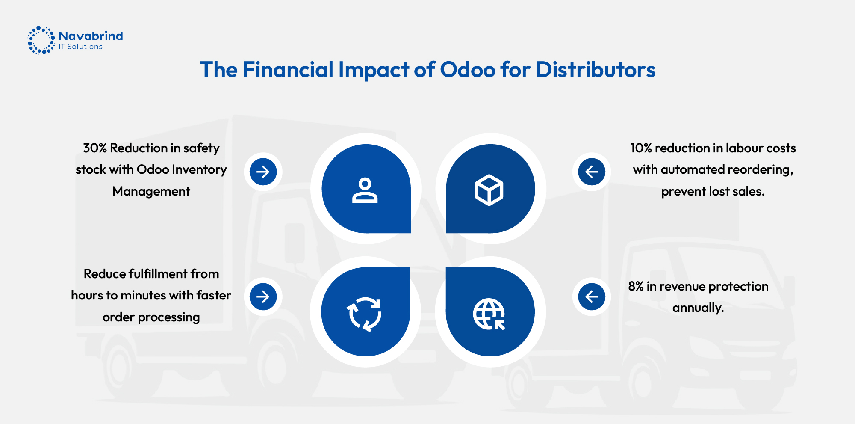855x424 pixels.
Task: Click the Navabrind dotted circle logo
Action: click(41, 40)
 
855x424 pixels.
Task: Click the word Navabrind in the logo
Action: click(91, 36)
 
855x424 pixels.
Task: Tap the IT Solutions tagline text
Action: click(80, 47)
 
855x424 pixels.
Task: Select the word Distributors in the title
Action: click(596, 70)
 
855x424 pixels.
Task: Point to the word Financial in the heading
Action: click(288, 70)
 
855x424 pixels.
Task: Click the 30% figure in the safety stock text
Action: click(95, 148)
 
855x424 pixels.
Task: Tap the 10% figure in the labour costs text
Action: click(641, 148)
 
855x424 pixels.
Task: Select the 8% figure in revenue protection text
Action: click(636, 286)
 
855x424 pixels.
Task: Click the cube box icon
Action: click(489, 190)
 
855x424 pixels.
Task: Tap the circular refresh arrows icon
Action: click(365, 314)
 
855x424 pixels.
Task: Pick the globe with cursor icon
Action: click(489, 314)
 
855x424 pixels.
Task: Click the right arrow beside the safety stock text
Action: click(263, 172)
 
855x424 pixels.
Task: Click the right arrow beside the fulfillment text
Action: click(263, 297)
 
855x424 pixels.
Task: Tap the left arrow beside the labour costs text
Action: click(592, 172)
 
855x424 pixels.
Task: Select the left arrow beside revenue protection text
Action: click(592, 297)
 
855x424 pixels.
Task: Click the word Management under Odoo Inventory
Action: click(151, 192)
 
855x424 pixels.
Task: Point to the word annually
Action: click(698, 308)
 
